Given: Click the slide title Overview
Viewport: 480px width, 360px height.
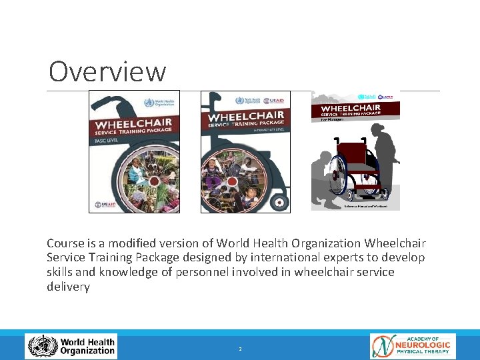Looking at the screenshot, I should click(x=107, y=71).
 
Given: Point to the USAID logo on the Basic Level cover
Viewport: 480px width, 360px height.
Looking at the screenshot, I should click(x=106, y=205).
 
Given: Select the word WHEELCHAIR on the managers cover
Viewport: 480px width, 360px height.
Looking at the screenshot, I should click(x=351, y=107).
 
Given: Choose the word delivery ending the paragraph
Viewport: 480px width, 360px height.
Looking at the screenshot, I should click(x=68, y=287).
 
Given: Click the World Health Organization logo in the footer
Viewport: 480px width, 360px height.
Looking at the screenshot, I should click(x=71, y=347).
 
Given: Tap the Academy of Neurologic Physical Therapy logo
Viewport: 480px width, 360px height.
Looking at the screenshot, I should click(x=413, y=347).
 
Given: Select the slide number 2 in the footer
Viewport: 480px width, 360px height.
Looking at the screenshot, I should click(x=240, y=349).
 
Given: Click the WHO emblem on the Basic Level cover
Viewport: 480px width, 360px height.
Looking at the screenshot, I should click(x=149, y=103).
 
